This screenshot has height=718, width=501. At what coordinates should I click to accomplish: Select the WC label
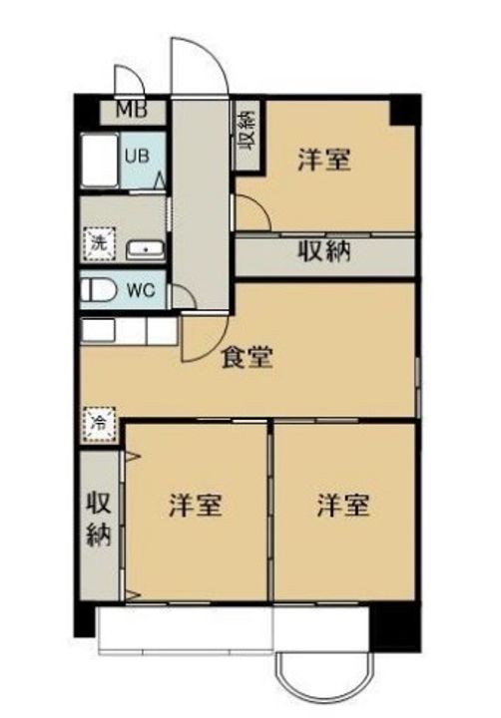click(x=140, y=291)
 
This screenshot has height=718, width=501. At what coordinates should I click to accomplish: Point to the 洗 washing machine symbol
click(x=99, y=242)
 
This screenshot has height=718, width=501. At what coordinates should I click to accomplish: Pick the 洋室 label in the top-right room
click(x=324, y=160)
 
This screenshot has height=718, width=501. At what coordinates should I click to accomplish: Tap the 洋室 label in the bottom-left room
click(x=195, y=505)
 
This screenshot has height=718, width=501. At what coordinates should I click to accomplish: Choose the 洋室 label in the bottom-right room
click(x=343, y=505)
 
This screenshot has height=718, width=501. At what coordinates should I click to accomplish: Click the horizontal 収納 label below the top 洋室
click(x=325, y=251)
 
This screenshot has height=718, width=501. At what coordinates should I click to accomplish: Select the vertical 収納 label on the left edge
click(x=97, y=519)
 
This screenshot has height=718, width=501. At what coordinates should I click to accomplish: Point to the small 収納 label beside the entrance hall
click(x=246, y=128)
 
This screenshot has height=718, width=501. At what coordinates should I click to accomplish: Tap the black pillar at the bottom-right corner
click(x=392, y=626)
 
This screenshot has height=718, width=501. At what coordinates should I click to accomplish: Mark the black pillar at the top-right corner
click(x=402, y=110)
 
